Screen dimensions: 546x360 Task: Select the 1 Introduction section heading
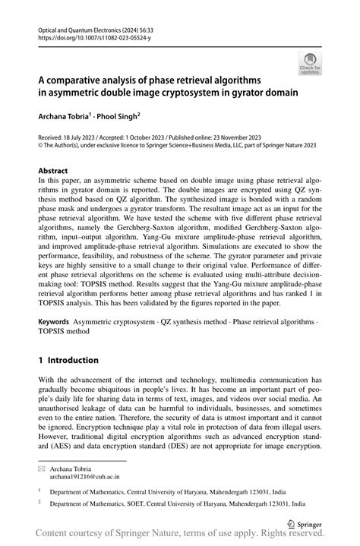click(68, 360)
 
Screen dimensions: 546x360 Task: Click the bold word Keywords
click(58, 322)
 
